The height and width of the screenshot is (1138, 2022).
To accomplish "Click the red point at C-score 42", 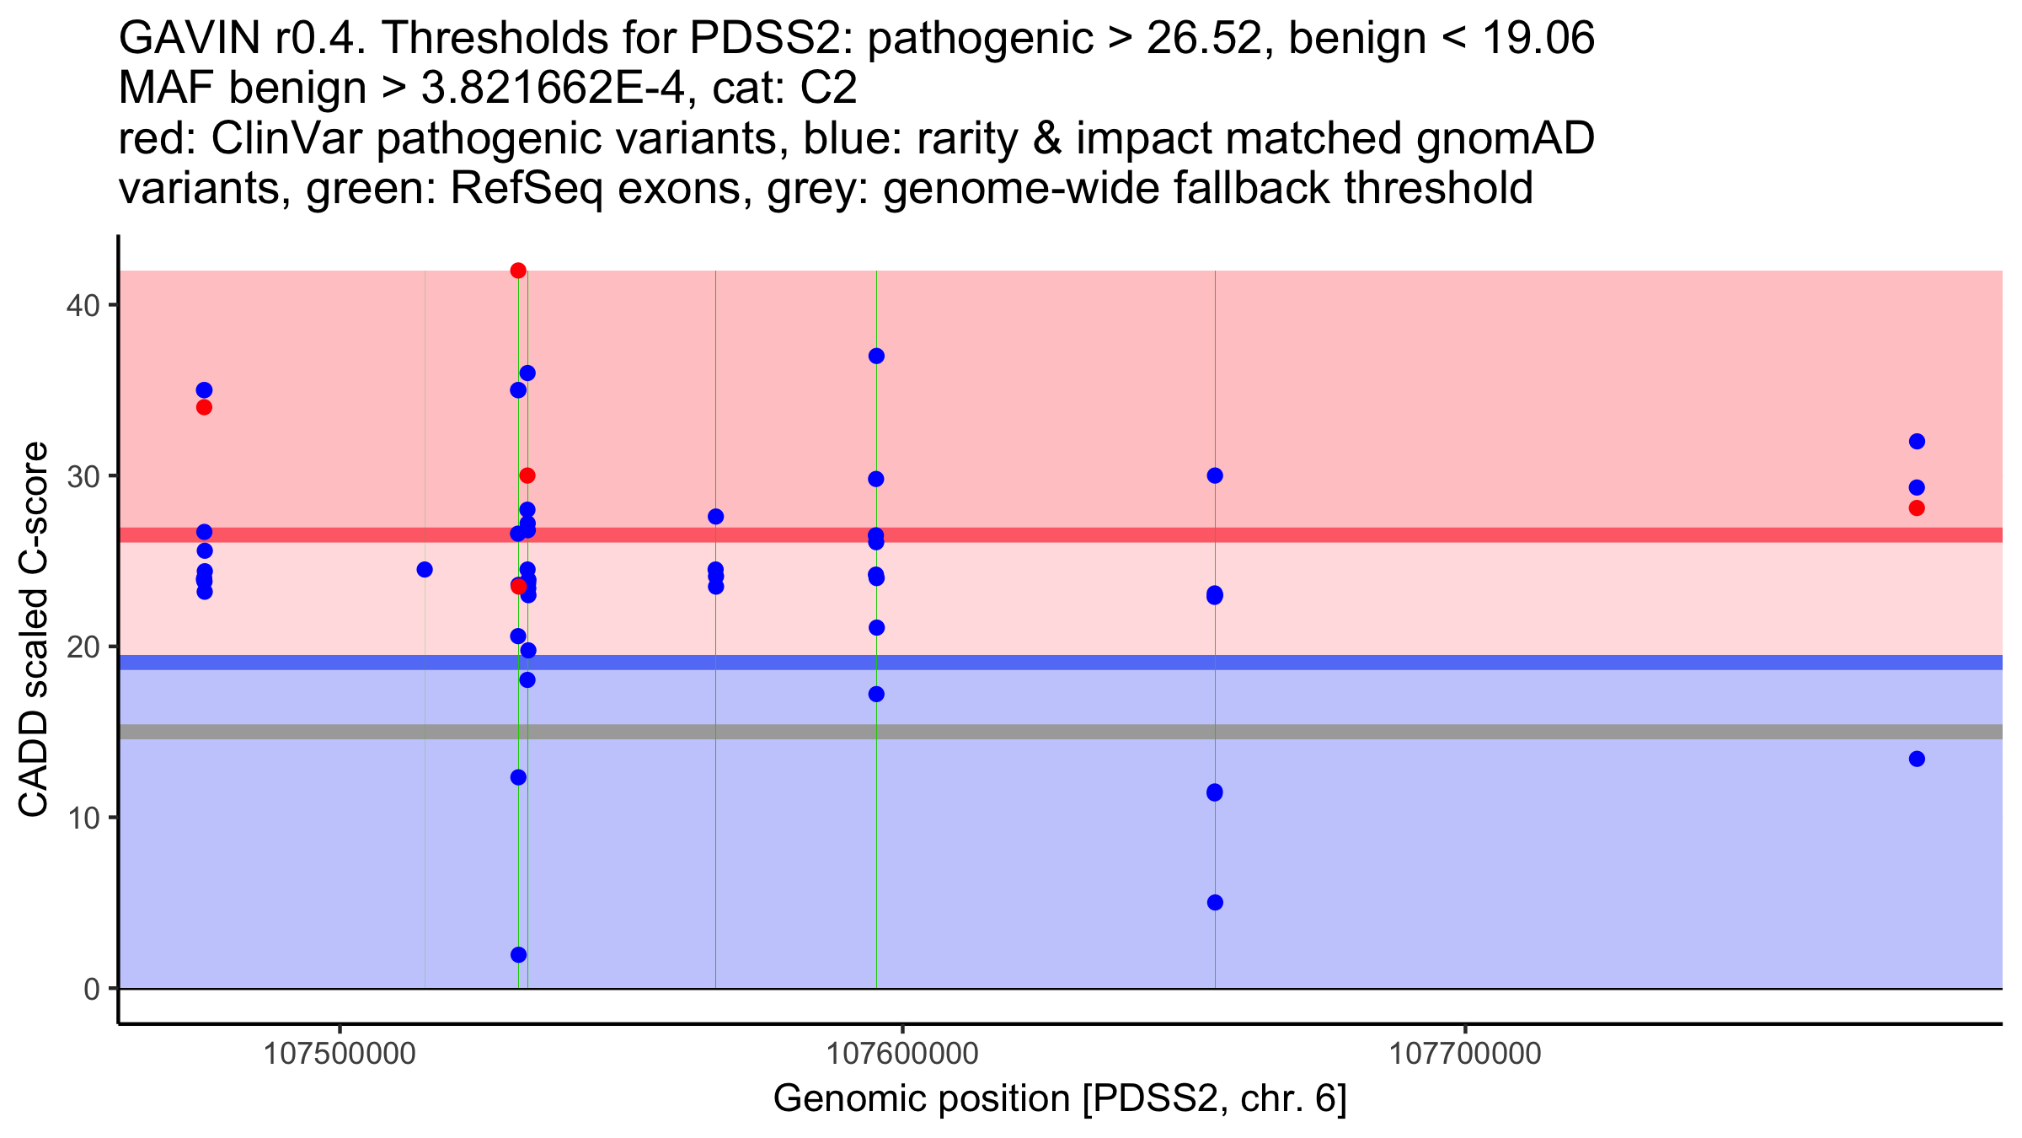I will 518,271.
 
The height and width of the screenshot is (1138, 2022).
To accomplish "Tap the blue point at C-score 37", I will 876,356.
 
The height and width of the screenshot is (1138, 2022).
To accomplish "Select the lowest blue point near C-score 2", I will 518,955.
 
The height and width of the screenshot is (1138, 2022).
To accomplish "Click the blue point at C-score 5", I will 1215,903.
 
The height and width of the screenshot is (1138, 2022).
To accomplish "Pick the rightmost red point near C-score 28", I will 1917,507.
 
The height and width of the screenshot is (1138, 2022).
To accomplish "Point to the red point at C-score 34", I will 204,407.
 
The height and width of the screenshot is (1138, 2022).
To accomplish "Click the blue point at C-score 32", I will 1917,442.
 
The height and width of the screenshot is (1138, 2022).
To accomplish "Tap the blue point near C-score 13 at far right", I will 1917,759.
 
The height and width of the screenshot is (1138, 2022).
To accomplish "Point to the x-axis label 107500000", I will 340,1054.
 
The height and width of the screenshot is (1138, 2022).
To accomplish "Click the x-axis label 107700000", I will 1465,1054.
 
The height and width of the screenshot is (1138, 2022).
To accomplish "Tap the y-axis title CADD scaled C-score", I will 34,631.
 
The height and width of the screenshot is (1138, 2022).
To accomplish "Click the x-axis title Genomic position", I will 1060,1099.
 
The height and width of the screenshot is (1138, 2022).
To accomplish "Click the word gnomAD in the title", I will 1505,138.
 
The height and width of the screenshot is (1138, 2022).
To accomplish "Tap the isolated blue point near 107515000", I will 425,570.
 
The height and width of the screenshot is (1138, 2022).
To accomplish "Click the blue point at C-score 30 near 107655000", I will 1215,475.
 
